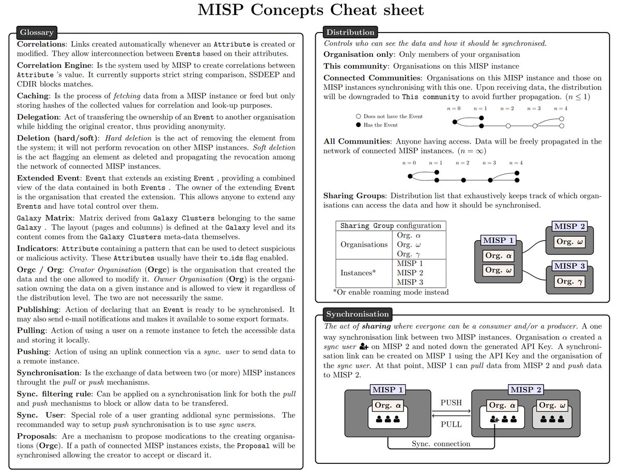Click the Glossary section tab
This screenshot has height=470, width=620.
(37, 33)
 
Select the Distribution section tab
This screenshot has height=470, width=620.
(349, 33)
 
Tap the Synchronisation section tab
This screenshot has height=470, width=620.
(357, 314)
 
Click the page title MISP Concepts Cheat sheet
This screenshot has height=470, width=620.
(310, 10)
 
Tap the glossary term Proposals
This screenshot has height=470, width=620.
(38, 435)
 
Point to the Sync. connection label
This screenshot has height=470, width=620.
(441, 444)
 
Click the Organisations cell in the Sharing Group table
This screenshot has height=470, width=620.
(364, 244)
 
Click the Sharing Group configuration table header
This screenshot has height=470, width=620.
(391, 226)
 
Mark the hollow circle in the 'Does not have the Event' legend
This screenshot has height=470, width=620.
(358, 116)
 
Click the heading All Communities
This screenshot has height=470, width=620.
(356, 141)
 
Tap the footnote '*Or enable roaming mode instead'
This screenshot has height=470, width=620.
(391, 292)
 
